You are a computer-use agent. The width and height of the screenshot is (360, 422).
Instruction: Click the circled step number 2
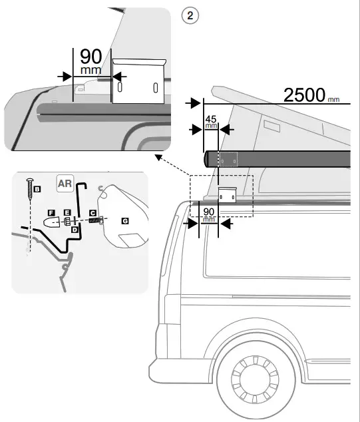coord(192,17)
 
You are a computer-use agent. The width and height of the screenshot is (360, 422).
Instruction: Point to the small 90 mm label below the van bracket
coord(209,214)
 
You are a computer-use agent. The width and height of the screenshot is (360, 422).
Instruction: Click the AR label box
coord(65,183)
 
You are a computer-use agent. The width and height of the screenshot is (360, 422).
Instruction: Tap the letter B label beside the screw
coord(37,190)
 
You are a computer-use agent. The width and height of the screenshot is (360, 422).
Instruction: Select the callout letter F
coord(51,213)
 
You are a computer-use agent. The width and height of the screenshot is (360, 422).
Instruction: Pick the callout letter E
coord(67,213)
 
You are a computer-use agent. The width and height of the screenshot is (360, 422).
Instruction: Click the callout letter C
coord(93,212)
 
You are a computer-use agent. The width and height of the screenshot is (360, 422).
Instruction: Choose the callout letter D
coord(75,229)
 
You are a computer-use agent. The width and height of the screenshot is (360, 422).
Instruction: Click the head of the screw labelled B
coord(29,180)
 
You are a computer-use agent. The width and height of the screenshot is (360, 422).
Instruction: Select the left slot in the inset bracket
coord(120,88)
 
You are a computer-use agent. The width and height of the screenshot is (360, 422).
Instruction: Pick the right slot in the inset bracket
coord(154,88)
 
